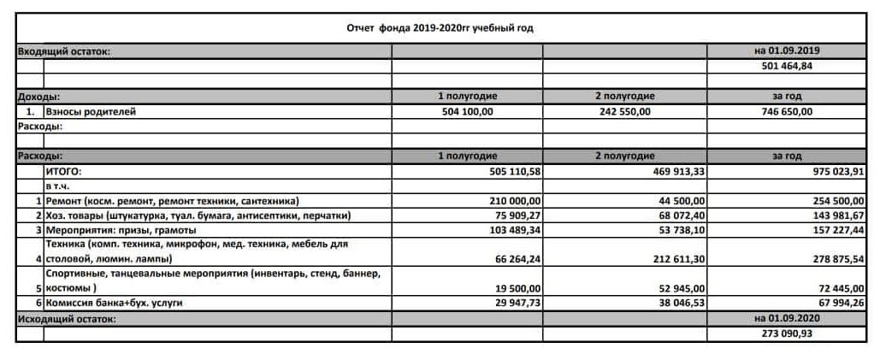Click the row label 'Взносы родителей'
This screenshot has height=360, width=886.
[91, 111]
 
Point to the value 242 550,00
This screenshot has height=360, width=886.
[624, 111]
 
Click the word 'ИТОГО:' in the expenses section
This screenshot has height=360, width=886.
[62, 171]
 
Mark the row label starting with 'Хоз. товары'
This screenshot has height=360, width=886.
[198, 215]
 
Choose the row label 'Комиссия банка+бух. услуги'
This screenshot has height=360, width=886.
[114, 303]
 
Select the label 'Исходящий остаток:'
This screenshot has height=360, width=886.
[66, 318]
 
